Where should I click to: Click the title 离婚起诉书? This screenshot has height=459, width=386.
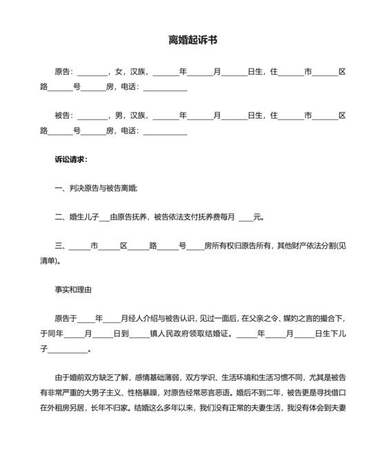tap(193, 41)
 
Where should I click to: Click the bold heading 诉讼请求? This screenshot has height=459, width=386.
tap(70, 159)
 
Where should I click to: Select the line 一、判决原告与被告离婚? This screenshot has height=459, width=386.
tap(96, 188)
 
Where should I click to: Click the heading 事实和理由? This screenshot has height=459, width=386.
tap(73, 290)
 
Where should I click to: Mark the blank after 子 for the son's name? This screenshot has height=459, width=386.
tap(68, 350)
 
